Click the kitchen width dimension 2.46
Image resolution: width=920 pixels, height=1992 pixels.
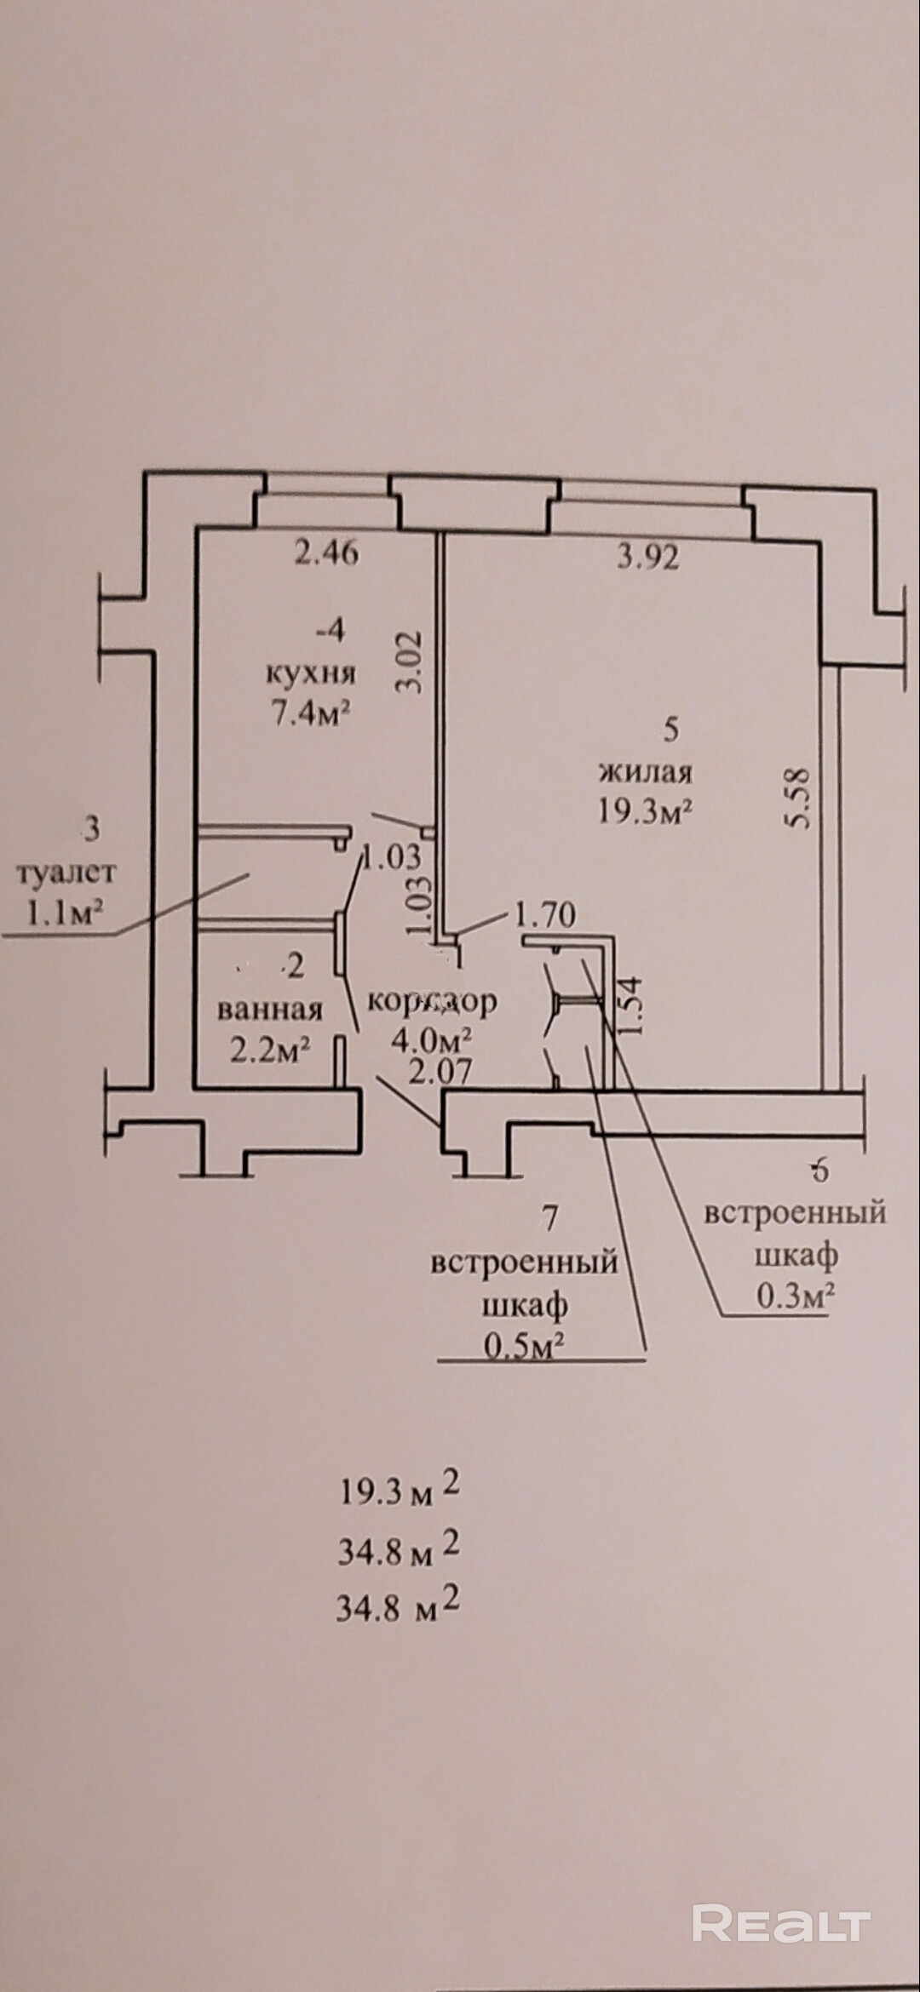click(327, 554)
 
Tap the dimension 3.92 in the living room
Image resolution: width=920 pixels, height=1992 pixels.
click(648, 558)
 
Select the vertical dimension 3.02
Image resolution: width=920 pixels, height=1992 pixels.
click(411, 661)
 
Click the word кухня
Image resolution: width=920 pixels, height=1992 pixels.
click(311, 674)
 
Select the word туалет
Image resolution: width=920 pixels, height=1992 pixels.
click(66, 873)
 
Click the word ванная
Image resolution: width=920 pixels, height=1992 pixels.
click(270, 1010)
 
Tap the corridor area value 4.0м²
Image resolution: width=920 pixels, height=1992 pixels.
click(431, 1039)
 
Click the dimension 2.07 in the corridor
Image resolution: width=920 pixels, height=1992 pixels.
click(440, 1071)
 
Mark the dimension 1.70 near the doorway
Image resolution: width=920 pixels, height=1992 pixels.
click(545, 915)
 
